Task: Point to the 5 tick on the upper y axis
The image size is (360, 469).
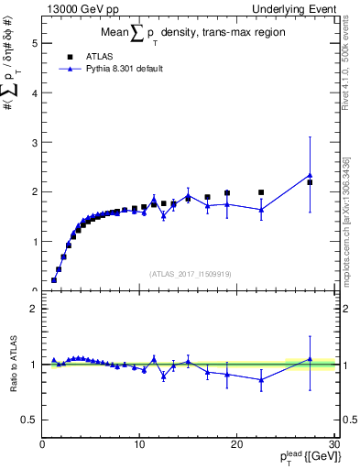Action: point(33,43)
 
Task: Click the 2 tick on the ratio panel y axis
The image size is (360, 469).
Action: point(33,309)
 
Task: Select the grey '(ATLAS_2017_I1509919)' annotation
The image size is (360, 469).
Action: point(189,273)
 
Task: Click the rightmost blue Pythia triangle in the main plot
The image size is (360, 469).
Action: point(310,175)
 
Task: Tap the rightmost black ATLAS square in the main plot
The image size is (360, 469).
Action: point(310,182)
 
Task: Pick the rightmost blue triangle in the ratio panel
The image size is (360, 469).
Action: point(310,359)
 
